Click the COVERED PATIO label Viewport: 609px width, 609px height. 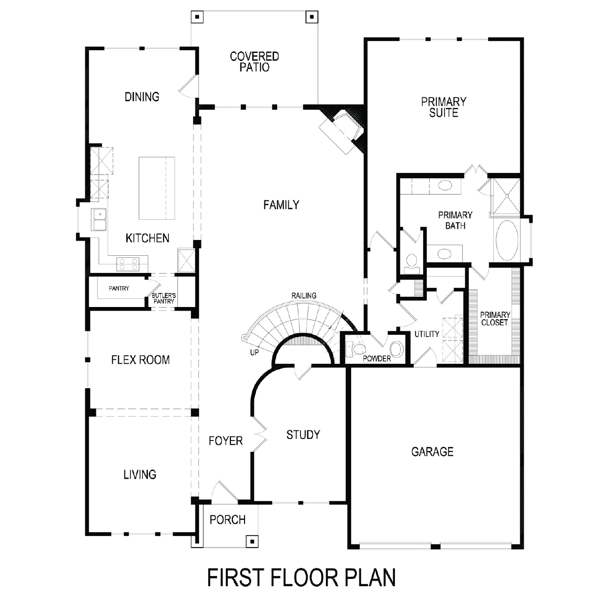[254, 61]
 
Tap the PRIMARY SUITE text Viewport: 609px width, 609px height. [444, 107]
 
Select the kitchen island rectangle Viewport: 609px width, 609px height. [157, 188]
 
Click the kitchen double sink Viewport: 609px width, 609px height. [99, 219]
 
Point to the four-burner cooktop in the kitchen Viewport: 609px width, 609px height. [128, 264]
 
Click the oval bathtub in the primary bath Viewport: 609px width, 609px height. [506, 240]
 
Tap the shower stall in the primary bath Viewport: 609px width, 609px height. [506, 196]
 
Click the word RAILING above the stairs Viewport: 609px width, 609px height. [303, 295]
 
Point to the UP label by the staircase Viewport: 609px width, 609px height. [254, 352]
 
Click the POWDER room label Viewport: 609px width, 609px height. [377, 359]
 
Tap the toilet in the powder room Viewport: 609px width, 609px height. [356, 349]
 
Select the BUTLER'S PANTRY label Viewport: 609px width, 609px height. [164, 298]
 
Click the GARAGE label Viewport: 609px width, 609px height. [432, 452]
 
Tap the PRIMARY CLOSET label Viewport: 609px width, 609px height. [495, 319]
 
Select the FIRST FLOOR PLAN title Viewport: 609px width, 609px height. [301, 578]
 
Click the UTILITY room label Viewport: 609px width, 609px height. [427, 334]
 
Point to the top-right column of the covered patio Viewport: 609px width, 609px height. [312, 17]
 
